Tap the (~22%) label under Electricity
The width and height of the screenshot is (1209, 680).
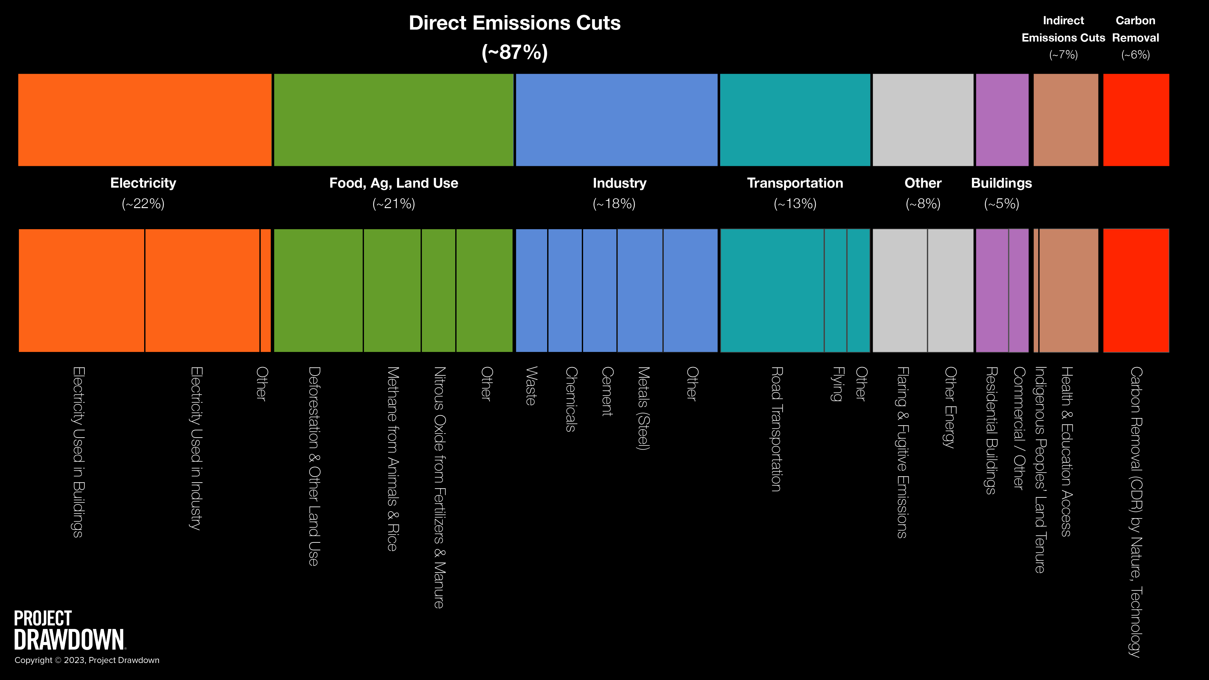click(143, 204)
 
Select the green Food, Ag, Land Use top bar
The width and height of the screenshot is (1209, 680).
click(393, 120)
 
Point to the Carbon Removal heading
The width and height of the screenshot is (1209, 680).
click(1135, 29)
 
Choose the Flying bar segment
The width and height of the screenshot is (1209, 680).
click(835, 290)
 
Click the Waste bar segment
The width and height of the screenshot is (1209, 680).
click(531, 290)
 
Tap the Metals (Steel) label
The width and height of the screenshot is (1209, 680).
click(643, 408)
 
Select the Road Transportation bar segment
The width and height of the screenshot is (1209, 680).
click(772, 290)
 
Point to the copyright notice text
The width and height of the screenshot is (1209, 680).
click(87, 660)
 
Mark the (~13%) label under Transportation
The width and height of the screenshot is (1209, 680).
click(795, 204)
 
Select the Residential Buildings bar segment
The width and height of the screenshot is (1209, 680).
click(992, 290)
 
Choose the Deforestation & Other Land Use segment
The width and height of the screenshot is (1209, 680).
click(318, 290)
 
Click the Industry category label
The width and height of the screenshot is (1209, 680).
click(620, 183)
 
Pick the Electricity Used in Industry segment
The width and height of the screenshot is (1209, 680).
click(202, 290)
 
